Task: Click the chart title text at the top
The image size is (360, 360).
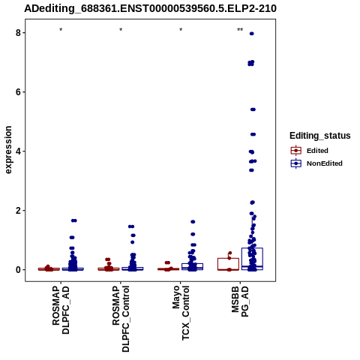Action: (x=150, y=8)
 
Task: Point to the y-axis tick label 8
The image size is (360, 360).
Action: (x=18, y=33)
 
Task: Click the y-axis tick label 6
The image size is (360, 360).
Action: (x=18, y=92)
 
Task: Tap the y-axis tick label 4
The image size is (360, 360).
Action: (x=18, y=151)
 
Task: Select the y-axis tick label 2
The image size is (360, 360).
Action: (x=18, y=211)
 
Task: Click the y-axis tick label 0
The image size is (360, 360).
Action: (x=18, y=270)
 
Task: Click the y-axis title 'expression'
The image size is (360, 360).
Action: (x=8, y=150)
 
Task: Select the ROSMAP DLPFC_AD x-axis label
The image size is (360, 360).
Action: (x=61, y=310)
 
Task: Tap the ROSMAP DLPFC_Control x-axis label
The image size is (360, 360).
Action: (x=121, y=319)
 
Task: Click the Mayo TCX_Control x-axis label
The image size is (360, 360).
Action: (x=181, y=313)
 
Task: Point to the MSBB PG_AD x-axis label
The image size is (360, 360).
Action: (x=240, y=301)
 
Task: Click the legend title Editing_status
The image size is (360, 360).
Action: (x=320, y=136)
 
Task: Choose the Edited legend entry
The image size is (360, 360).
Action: (x=310, y=151)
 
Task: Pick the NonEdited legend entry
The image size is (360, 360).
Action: (x=316, y=163)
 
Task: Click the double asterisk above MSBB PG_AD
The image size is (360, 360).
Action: (x=240, y=30)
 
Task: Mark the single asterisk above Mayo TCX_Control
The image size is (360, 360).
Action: (x=181, y=30)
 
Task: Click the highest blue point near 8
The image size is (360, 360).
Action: (x=252, y=34)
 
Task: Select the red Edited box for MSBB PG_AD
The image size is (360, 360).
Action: (x=228, y=264)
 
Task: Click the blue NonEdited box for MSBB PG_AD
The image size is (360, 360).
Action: (x=252, y=259)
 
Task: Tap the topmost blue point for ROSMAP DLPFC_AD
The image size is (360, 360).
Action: (x=74, y=220)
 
